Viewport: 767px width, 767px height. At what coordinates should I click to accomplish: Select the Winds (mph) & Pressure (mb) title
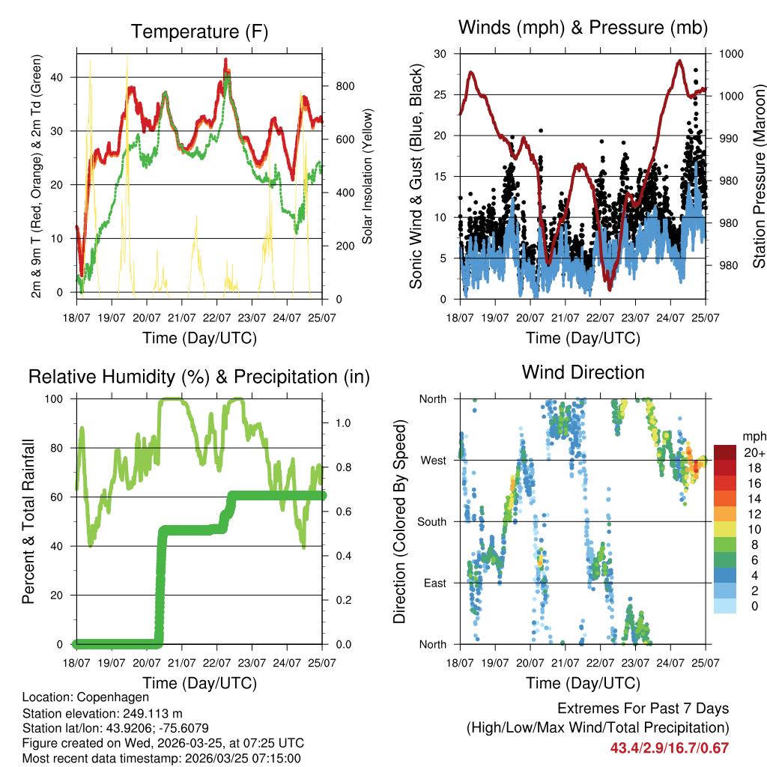coord(583,28)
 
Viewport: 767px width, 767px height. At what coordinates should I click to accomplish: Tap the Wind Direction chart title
coord(583,372)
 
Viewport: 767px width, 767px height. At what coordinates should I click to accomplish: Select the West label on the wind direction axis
coord(434,461)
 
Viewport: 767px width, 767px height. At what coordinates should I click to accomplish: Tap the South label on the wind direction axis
coord(432,522)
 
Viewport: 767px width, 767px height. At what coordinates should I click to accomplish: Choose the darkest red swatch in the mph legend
coord(724,452)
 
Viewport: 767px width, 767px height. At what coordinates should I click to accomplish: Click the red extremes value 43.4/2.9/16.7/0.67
coord(669,748)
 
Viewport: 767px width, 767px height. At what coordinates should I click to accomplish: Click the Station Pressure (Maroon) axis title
coord(759,176)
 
